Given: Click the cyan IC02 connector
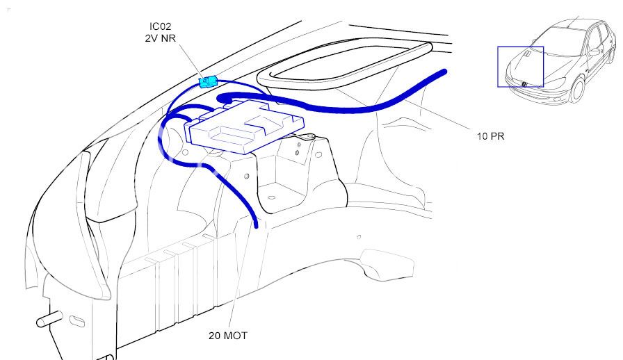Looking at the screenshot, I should point(208,82).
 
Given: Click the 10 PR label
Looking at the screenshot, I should point(490,136).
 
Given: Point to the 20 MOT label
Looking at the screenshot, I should point(227,336).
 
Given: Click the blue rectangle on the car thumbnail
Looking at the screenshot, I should point(520,67).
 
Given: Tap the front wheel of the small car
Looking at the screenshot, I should point(575,90).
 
